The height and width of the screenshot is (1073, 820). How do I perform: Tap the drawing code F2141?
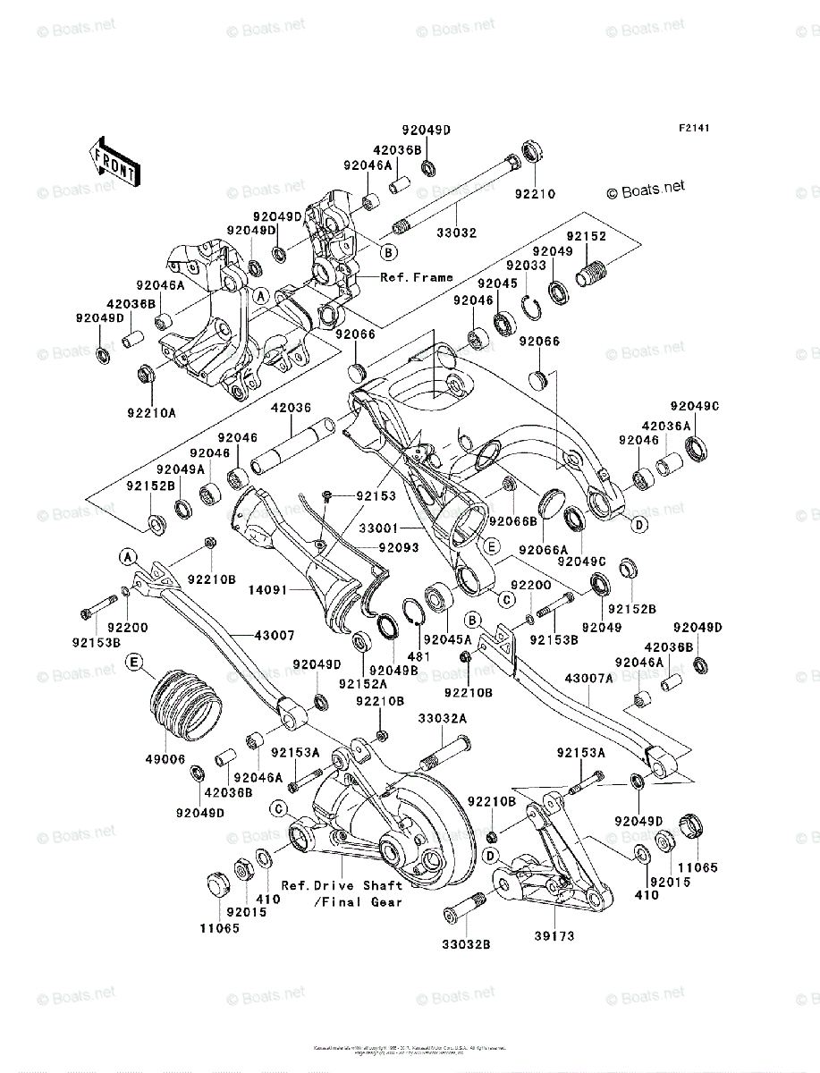click(x=693, y=129)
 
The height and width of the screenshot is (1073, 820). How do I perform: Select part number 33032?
click(x=456, y=232)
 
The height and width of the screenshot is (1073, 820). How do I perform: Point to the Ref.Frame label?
click(x=417, y=277)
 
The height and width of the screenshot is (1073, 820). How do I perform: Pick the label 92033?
click(x=525, y=266)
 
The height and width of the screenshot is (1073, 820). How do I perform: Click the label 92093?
click(x=397, y=546)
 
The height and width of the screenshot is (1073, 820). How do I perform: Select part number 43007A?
click(x=588, y=679)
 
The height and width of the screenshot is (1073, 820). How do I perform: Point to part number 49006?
click(x=166, y=758)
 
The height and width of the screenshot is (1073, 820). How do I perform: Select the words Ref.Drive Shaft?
click(x=342, y=885)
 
